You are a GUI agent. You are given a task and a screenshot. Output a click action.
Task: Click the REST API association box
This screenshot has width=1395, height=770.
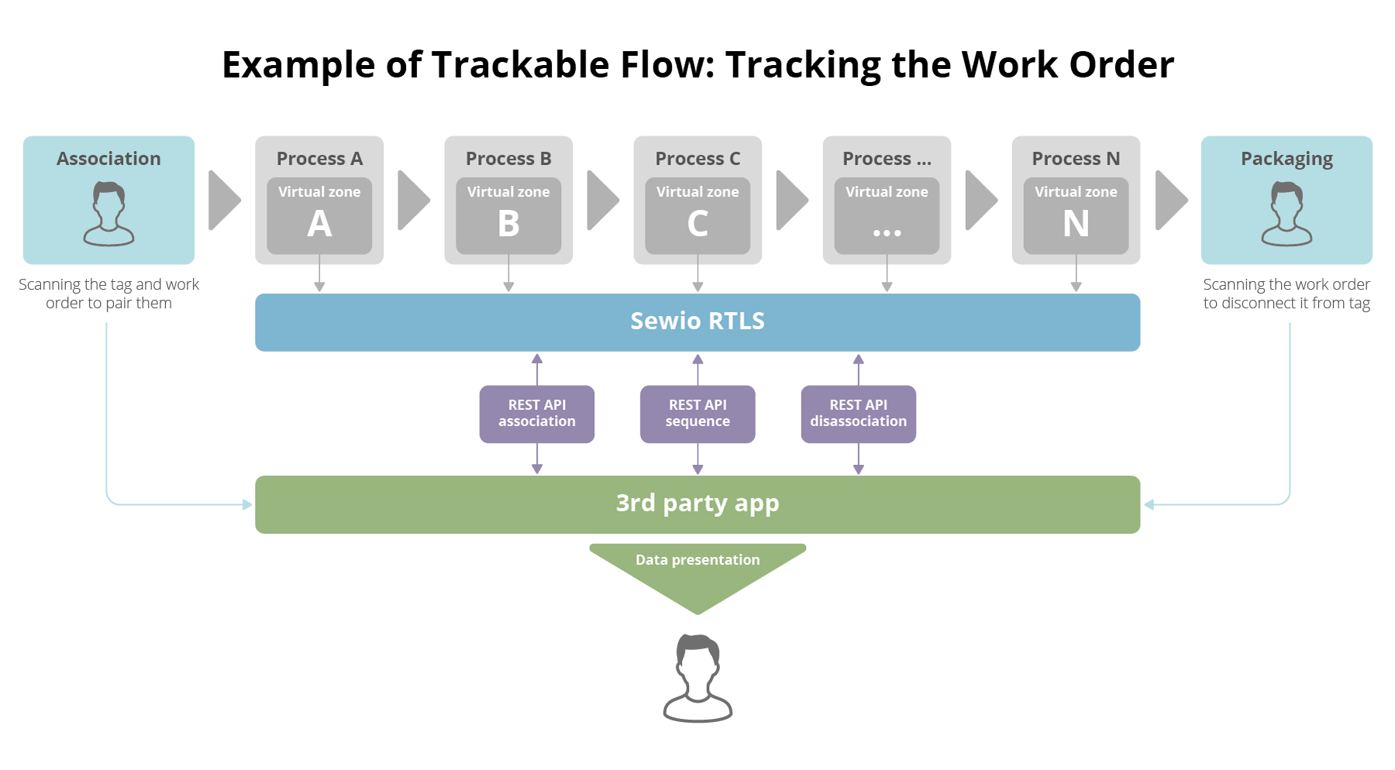point(536,414)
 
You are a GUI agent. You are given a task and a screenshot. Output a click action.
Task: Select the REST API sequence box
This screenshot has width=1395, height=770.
point(697,414)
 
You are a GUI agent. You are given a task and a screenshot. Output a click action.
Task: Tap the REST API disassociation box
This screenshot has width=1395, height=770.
point(858,414)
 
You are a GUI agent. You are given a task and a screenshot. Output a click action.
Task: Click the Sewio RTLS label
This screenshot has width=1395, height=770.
point(697,321)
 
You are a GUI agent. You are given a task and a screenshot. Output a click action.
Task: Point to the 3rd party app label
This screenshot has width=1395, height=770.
point(697,504)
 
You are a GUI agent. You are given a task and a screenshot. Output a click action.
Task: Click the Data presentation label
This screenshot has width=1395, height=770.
point(697,559)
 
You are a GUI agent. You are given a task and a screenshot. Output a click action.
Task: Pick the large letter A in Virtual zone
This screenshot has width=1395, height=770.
point(319,225)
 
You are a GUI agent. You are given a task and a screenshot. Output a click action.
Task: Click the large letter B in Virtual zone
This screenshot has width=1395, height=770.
point(508,225)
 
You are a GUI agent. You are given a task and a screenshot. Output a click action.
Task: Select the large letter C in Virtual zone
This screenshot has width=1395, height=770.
point(697,225)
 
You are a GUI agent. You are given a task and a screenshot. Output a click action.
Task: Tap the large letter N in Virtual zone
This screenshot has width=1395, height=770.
point(1076,225)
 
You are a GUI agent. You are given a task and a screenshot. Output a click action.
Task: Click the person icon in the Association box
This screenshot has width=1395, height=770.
point(108,214)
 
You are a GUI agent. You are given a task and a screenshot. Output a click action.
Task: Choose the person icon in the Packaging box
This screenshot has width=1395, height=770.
point(1286,214)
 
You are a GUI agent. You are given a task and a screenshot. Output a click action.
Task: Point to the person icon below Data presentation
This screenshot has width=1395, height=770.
point(697,678)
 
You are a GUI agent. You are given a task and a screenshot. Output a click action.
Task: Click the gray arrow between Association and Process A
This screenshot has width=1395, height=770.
point(224,200)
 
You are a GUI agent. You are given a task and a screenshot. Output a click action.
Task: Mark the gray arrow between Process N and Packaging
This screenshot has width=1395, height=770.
point(1170,200)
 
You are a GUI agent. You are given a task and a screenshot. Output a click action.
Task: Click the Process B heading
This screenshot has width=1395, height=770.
point(508,159)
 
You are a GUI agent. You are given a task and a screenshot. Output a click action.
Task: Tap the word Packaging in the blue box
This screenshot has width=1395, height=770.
point(1286,159)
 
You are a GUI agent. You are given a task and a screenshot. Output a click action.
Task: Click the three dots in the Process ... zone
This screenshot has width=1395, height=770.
point(887,232)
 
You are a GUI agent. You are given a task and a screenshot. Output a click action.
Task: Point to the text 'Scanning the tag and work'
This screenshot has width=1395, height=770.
point(108,284)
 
